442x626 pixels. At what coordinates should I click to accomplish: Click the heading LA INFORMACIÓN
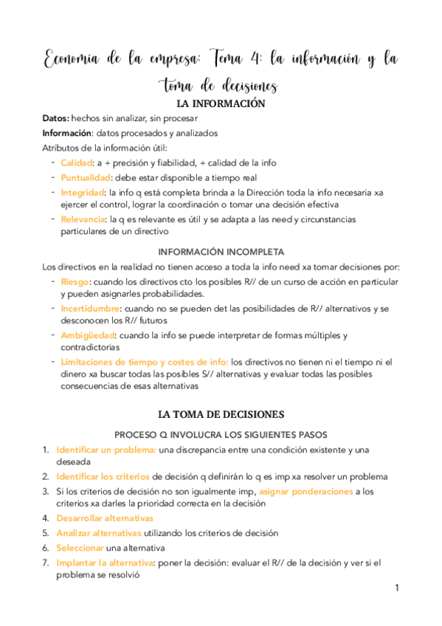click(221, 104)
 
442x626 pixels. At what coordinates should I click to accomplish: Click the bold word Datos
click(56, 118)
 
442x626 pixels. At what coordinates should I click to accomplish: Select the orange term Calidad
click(76, 162)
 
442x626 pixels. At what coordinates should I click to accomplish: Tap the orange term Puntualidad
click(85, 177)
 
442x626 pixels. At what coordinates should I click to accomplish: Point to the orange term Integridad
click(80, 192)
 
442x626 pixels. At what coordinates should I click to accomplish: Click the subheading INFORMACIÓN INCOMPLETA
click(221, 251)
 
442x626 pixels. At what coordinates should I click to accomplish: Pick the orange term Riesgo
click(75, 282)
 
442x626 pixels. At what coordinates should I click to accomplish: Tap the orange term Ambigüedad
click(86, 335)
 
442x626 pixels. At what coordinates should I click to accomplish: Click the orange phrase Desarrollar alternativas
click(109, 518)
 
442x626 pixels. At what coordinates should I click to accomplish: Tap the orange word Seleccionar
click(80, 548)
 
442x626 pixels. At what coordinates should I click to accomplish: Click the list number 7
click(46, 563)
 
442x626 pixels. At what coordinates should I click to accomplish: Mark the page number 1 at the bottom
click(396, 588)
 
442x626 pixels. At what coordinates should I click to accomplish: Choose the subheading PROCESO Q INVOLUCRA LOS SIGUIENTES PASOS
click(221, 435)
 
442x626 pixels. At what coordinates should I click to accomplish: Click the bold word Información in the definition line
click(67, 133)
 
